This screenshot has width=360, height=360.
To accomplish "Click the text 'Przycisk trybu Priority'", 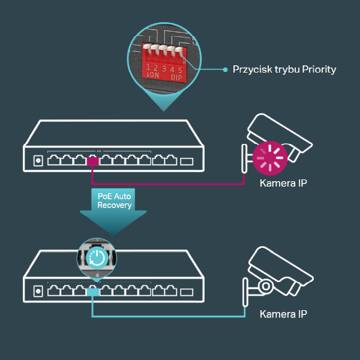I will click(284, 70).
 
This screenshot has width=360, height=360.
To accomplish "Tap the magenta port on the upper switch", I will click(92, 161).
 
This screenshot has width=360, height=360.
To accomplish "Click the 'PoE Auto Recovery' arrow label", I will click(114, 201).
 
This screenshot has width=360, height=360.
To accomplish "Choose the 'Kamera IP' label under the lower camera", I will click(283, 314).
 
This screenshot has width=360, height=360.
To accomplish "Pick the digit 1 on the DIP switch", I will click(148, 68).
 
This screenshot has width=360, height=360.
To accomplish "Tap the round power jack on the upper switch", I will click(38, 161).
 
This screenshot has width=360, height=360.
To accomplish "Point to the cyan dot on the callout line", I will click(225, 70).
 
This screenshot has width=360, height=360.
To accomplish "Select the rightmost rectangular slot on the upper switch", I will click(188, 161).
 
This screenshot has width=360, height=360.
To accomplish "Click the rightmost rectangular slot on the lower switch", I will click(188, 292).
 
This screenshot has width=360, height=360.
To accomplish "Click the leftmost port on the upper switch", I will click(53, 161).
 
